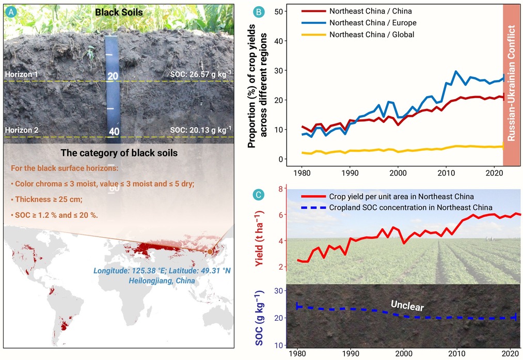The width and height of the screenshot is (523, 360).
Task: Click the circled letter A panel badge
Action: pos(11,12)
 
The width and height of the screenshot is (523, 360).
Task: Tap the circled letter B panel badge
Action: pos(259,12)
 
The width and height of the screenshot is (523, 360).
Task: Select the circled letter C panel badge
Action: pos(259,195)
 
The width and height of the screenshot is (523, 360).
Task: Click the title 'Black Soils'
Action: pos(119,13)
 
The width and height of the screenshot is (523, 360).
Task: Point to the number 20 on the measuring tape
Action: pos(113,76)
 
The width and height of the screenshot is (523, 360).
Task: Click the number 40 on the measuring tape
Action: pos(114,132)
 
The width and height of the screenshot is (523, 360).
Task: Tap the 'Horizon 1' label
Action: pos(21,74)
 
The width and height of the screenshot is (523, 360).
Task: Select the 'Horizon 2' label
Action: pos(22,130)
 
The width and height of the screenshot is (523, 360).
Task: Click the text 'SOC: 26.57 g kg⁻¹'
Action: pos(201,74)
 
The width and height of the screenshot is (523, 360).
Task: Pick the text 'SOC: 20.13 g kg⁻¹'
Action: pos(201,130)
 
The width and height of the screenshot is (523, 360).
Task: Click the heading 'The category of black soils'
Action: pos(119,153)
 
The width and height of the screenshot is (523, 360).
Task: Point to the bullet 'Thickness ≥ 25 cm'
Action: pos(46,199)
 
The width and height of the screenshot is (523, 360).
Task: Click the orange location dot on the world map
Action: pos(210,252)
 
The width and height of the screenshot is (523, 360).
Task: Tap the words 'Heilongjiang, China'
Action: pos(162,280)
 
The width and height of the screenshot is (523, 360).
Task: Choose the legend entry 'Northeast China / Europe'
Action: pos(359,23)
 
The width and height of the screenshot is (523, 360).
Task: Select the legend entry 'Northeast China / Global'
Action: pos(358,35)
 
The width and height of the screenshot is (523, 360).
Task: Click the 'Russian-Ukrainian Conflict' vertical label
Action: pos(512,85)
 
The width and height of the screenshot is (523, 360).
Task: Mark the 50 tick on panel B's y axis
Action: pos(278,11)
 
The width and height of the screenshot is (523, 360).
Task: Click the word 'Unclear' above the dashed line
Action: pos(407,305)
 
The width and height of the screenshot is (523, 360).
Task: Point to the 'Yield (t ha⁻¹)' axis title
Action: pos(260,239)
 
